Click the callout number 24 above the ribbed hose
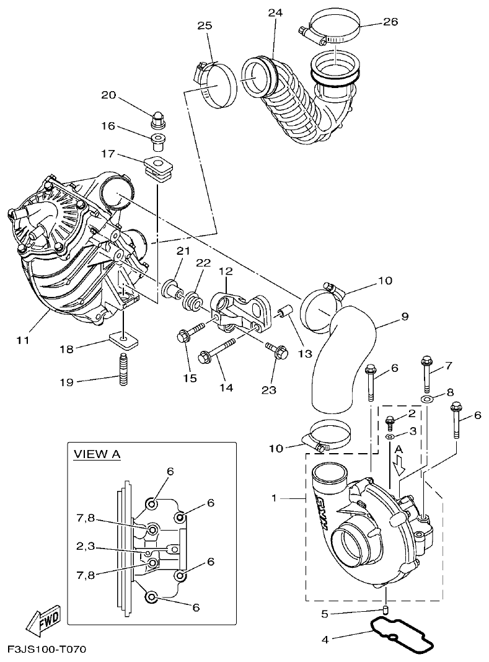point(275,13)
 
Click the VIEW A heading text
point(97,454)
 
